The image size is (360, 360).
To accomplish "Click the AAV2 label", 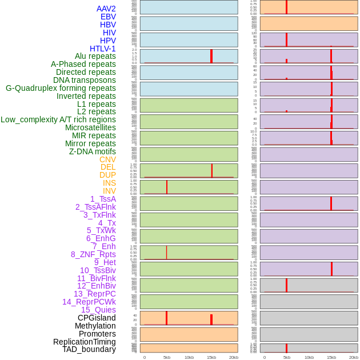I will (106, 9).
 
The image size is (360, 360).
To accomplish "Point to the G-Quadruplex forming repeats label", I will (61, 88).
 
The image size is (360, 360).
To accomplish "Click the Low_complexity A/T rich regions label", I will (58, 119).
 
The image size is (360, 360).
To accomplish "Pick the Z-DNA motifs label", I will (92, 151).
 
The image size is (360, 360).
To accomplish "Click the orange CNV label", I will (107, 159).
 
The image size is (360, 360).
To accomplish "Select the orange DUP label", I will (107, 175).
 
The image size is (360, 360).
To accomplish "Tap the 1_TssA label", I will (103, 199).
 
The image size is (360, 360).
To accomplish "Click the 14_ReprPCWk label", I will (89, 302).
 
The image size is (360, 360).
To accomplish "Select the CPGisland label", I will (97, 318).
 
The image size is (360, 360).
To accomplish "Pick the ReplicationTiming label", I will (84, 342).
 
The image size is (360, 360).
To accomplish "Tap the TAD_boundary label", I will (89, 349).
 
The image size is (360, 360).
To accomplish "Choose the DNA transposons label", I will (85, 80).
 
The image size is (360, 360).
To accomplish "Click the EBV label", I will (108, 17).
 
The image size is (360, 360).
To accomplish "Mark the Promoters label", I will (97, 334).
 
